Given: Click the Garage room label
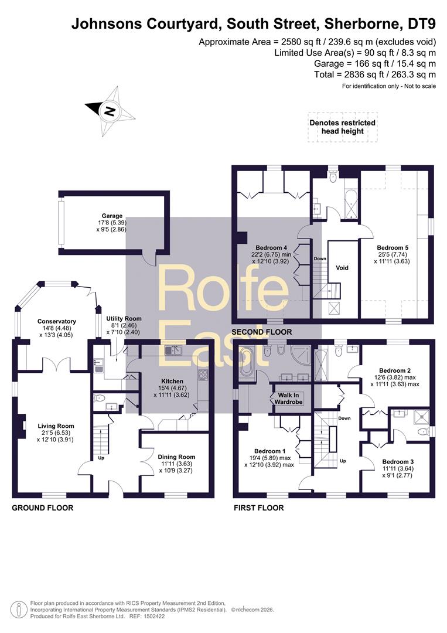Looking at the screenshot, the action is pos(112,216).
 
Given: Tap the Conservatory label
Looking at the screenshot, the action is pos(56,321).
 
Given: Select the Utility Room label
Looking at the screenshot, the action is pos(124,318).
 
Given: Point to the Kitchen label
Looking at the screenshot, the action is pos(172,381).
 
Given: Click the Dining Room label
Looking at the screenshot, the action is pos(176,457).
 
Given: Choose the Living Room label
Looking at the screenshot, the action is pos(56,426).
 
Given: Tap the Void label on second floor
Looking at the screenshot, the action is pos(342,268).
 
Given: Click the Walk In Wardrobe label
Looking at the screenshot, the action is pos(288,399).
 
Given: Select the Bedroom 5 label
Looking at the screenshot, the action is pos(393,248).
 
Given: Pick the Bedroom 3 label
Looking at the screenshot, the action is pos(398,462).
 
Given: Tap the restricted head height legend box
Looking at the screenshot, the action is pos(343,127).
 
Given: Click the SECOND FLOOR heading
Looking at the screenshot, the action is pos(261,332).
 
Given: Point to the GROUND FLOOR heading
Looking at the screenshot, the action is pos(43,508).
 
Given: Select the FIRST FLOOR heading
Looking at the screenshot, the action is pos(258,508).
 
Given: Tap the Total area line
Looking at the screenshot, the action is pos(375,74).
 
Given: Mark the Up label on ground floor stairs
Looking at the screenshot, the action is pos(101,458).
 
